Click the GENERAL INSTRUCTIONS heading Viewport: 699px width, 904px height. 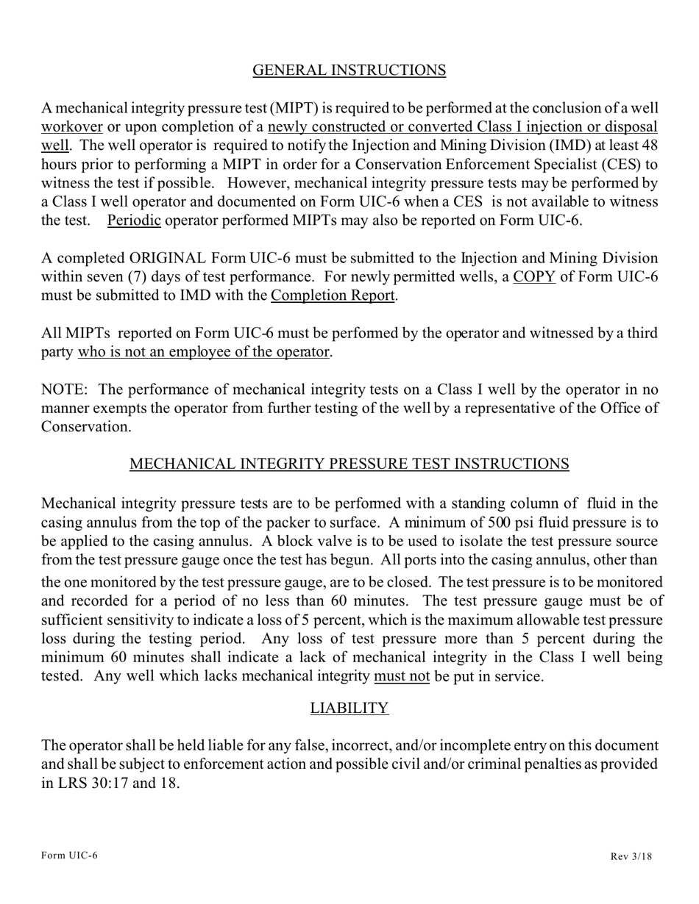coord(349,71)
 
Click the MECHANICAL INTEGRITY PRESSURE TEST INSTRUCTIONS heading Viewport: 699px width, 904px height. coord(349,464)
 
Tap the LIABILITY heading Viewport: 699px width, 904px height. coord(349,709)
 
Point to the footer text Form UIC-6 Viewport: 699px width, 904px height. coord(69,855)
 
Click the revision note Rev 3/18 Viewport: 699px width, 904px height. coord(631,856)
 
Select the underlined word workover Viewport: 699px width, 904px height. coord(72,127)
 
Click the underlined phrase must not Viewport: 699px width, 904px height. coord(402,677)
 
